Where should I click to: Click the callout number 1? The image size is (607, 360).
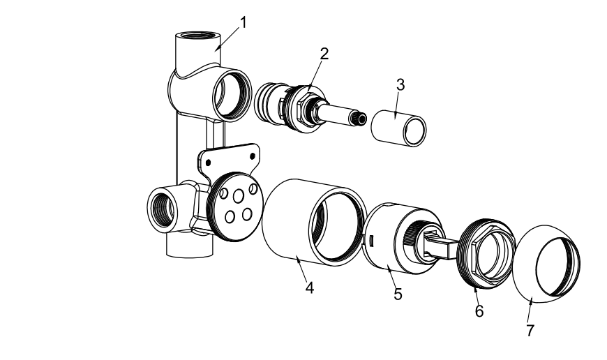tap(243, 22)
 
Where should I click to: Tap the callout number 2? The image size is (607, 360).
tap(324, 54)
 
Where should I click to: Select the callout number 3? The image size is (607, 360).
tap(400, 85)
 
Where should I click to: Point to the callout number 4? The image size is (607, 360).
tap(309, 287)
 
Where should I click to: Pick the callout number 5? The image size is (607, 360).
tap(398, 294)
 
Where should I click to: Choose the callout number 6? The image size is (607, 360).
tap(479, 311)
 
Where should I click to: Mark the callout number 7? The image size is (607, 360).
tap(530, 330)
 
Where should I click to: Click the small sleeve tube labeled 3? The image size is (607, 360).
tap(398, 128)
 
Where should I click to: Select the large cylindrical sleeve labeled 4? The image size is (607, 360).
tap(313, 223)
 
